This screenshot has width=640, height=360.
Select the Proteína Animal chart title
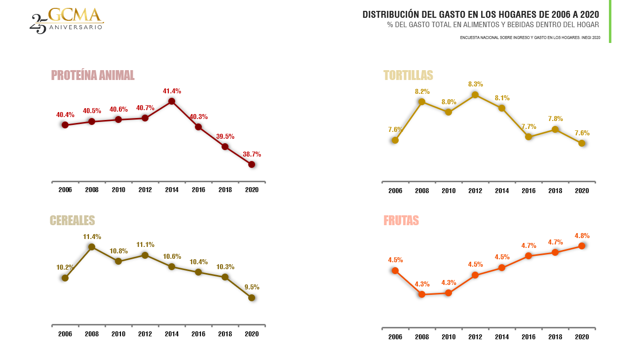(x=93, y=75)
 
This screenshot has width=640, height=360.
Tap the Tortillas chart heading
(x=408, y=75)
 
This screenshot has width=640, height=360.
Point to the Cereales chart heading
(x=72, y=220)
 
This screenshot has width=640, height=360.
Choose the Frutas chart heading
(x=401, y=220)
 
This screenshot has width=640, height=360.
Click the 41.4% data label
(x=172, y=91)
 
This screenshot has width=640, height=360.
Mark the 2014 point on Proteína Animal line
(x=172, y=101)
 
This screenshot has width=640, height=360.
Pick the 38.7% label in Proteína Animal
(x=252, y=155)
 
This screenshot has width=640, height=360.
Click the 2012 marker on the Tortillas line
(x=475, y=95)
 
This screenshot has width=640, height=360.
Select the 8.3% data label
(x=475, y=84)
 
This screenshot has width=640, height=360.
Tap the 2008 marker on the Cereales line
(x=92, y=246)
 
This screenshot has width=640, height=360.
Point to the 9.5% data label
(x=252, y=287)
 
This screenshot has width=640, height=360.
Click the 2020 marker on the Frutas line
(x=582, y=246)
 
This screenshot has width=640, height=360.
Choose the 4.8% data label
(x=582, y=236)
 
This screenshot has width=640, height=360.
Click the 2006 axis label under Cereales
(x=65, y=334)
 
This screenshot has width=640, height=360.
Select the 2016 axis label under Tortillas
(x=528, y=191)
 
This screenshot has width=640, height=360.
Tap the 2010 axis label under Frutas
(x=449, y=337)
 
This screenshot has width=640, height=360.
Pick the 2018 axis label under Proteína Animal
(x=225, y=190)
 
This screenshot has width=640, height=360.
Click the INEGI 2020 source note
(x=530, y=38)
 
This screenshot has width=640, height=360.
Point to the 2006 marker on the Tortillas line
(x=395, y=140)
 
